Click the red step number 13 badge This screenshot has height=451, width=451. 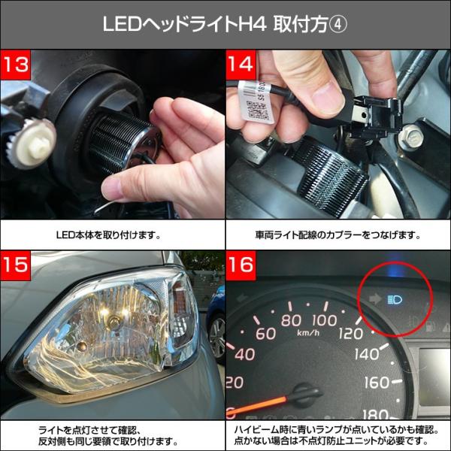16,65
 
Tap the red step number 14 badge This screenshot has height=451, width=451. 241,65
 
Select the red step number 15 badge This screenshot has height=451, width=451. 16,265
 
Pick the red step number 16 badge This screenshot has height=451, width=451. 241,265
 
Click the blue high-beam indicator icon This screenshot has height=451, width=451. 395,299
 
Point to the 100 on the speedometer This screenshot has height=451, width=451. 325,320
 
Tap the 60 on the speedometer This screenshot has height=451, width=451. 266,333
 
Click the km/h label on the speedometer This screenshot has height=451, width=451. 307,332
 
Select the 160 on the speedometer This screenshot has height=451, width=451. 377,383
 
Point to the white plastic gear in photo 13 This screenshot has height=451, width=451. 32,143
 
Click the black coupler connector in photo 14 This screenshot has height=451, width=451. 374,115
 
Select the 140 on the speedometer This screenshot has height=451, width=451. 367,354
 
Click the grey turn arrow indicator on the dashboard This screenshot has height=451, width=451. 375,299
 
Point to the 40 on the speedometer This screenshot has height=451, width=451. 245,354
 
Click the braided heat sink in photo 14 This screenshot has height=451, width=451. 331,174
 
